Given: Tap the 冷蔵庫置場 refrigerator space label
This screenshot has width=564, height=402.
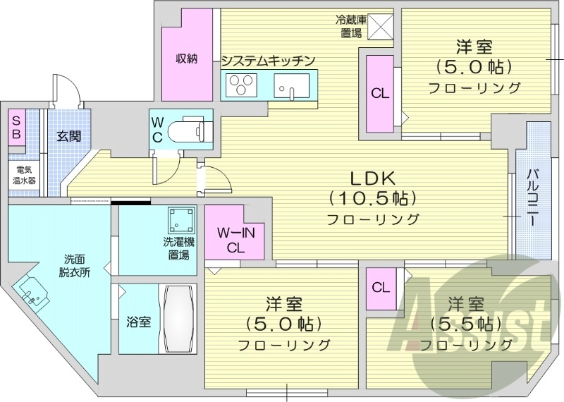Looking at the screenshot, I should (x=350, y=26).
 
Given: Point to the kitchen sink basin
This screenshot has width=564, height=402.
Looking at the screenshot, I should (x=290, y=87).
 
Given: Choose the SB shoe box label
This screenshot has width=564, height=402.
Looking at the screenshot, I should (x=15, y=128).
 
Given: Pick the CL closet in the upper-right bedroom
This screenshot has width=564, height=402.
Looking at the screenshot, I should (x=380, y=92).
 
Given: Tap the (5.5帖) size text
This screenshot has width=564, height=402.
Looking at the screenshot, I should (x=463, y=324).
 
